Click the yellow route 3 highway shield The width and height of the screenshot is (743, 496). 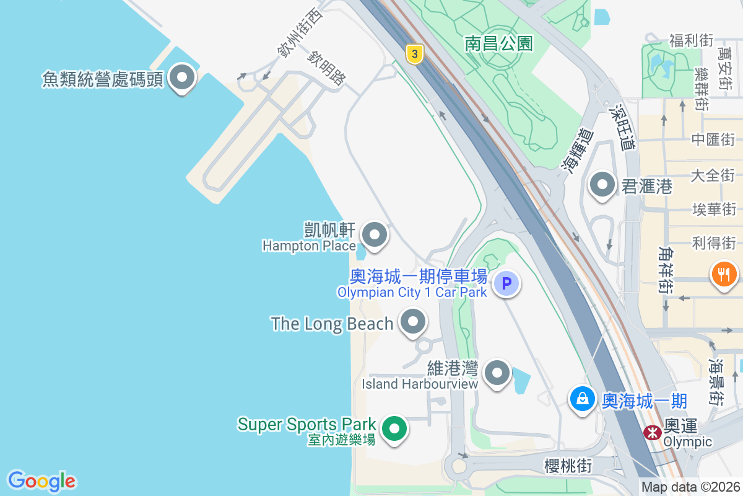415,55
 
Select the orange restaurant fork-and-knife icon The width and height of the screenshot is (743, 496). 723,273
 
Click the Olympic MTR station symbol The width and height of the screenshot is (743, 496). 651,432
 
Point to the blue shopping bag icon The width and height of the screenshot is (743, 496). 583,399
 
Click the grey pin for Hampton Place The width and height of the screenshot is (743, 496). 374,234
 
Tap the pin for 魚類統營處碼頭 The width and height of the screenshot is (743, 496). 182,78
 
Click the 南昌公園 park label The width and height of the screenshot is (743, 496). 499,43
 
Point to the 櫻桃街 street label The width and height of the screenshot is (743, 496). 568,466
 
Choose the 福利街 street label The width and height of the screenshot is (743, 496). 691,41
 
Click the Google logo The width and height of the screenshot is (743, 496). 41,481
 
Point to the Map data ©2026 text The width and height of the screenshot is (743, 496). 690,487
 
